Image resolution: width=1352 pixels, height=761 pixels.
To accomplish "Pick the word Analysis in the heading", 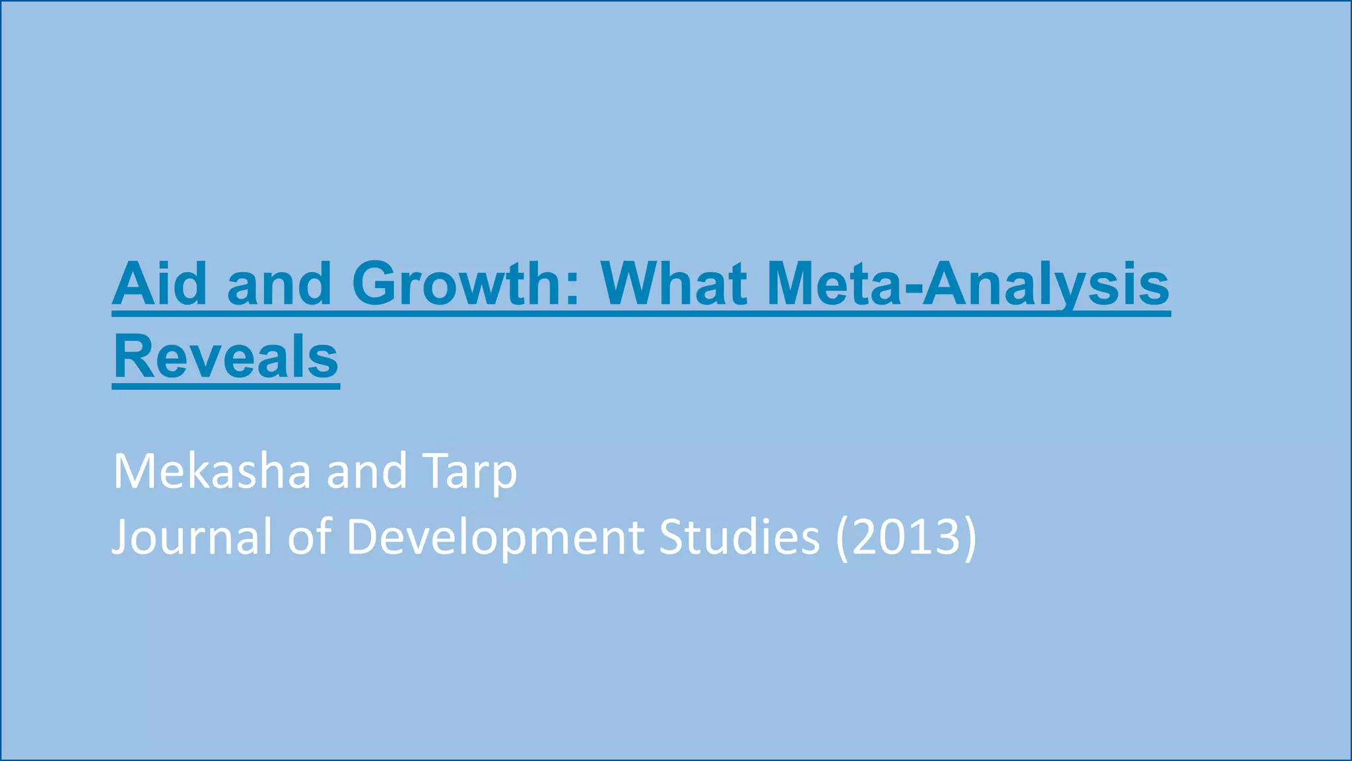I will [1046, 285].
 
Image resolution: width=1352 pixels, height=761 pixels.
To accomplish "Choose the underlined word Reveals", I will [226, 357].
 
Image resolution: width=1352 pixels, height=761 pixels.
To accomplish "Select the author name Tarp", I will [470, 472].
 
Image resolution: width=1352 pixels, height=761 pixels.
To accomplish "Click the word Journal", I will [191, 536].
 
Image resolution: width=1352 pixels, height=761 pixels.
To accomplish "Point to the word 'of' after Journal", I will [309, 536].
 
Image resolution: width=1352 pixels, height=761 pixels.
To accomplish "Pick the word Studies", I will [739, 536].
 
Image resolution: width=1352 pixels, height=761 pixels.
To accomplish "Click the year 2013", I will [906, 536].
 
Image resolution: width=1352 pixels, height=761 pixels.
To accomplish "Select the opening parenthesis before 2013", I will [842, 538].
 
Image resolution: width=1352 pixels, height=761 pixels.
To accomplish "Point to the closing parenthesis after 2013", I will [970, 538].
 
